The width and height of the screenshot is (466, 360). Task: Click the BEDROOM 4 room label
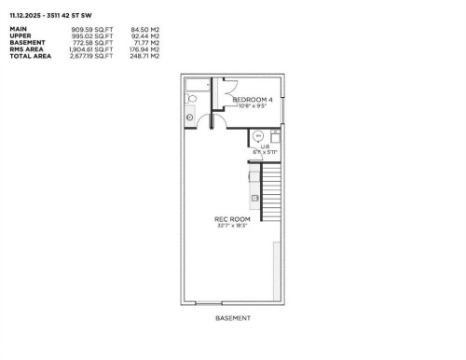253,99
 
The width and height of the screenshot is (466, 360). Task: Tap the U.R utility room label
265,147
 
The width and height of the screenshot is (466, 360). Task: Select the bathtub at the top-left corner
198,86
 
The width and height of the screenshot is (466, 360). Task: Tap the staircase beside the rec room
271,191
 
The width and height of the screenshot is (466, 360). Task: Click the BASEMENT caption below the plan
232,318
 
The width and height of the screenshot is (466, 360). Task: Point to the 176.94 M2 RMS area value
146,48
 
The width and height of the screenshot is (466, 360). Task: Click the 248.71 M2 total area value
146,55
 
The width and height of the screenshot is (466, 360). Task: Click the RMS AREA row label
25,48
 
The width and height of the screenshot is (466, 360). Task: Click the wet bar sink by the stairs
254,198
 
